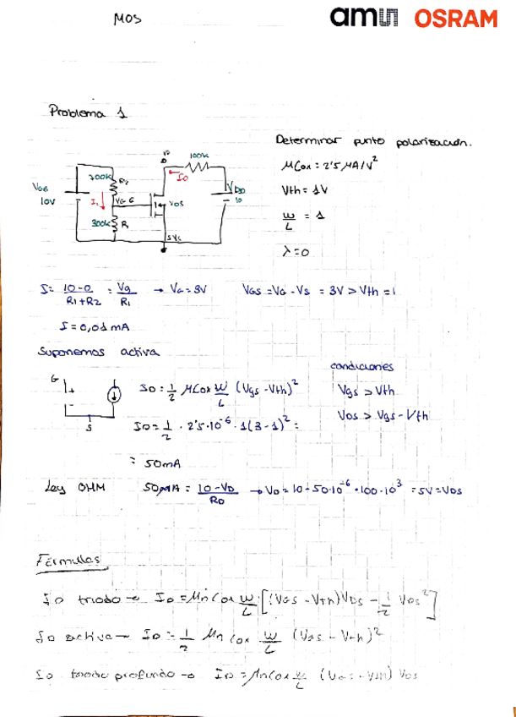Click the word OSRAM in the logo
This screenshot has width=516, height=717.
click(455, 19)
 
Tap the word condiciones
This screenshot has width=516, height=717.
click(362, 367)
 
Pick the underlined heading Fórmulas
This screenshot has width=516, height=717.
click(72, 561)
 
